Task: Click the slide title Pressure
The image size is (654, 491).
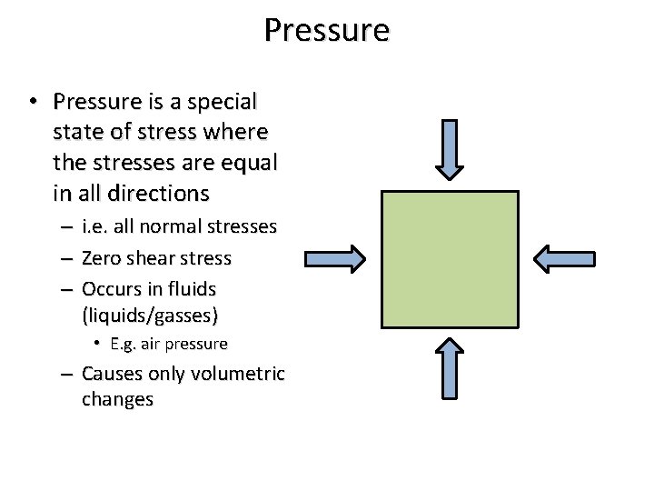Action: (x=327, y=30)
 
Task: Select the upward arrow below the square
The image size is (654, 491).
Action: (x=450, y=367)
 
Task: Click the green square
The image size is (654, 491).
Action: (x=450, y=259)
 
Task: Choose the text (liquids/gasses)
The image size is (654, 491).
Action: (x=150, y=315)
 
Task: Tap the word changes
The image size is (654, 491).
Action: (x=117, y=399)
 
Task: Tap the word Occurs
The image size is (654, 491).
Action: (x=110, y=289)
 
